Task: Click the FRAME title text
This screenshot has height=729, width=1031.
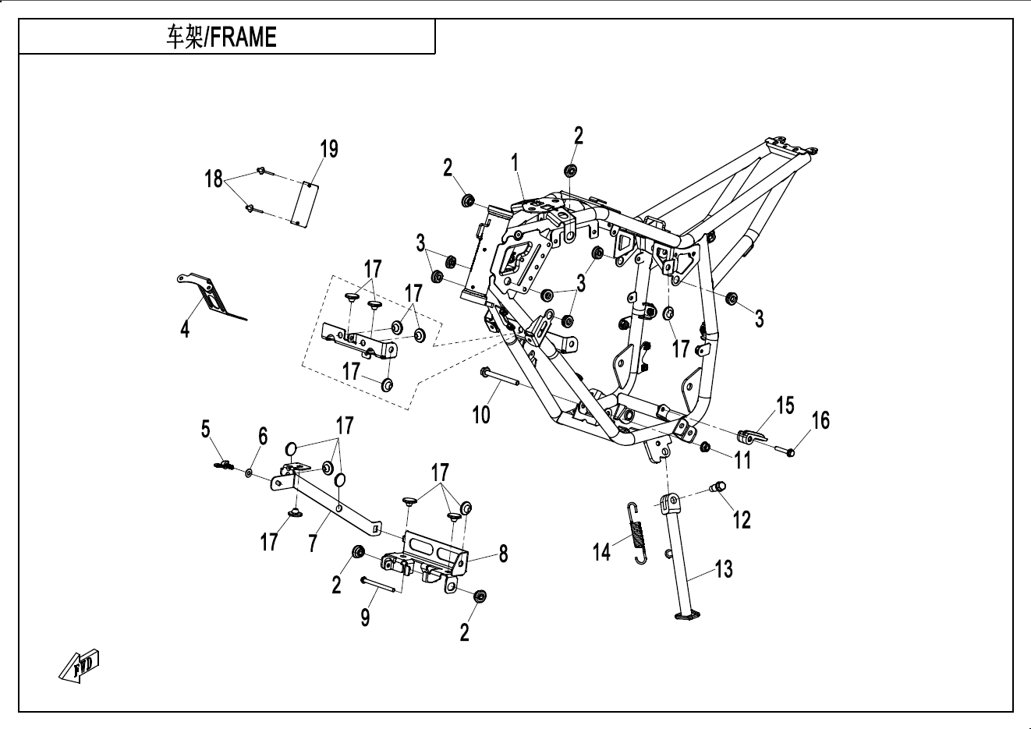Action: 221,37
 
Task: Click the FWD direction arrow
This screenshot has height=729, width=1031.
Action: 80,665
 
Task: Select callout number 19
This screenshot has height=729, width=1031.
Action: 329,149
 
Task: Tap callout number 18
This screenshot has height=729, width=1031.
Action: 214,179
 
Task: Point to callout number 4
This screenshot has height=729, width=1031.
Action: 185,329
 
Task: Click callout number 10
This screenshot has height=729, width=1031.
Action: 481,414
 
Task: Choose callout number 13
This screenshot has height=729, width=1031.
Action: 724,569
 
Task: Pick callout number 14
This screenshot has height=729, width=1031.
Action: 601,552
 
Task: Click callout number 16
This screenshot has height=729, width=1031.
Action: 820,420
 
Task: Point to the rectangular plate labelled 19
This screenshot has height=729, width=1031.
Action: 306,204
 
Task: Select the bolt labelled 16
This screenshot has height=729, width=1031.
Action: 784,450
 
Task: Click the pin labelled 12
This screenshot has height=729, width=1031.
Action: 717,488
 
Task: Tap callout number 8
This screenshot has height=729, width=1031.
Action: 503,554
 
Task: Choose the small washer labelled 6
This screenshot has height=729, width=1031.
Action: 248,472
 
